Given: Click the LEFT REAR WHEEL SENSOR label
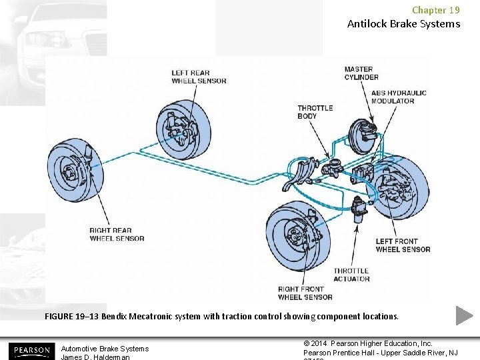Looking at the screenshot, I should tap(199, 77).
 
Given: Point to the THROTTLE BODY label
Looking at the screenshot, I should tap(315, 112).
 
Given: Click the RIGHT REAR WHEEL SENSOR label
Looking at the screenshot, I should tap(117, 235).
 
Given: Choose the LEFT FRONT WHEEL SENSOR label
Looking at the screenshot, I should tap(403, 245).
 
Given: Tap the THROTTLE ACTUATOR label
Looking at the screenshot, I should tap(351, 275).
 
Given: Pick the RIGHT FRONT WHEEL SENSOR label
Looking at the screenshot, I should tap(305, 293).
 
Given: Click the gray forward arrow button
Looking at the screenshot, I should tap(465, 315).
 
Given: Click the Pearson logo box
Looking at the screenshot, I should tap(31, 350).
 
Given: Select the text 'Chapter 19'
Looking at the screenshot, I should tap(435, 10).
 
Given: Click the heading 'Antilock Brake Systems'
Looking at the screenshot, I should tap(403, 24).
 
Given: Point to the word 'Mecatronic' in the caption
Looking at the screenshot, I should tap(154, 316).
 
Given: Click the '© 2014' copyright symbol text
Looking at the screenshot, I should tap(316, 343).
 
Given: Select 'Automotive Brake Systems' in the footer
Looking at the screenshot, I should tap(105, 349).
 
